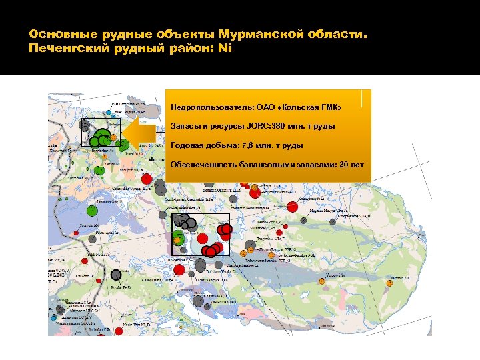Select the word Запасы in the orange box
pyautogui.click(x=185, y=126)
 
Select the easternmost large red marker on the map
pyautogui.click(x=292, y=207)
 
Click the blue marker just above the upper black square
pyautogui.click(x=109, y=115)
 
